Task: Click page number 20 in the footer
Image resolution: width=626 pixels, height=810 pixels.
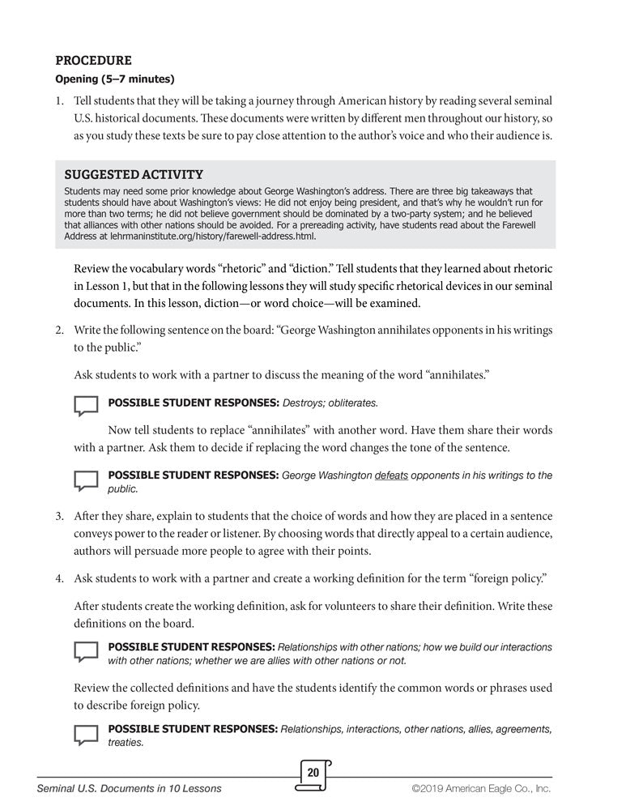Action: pos(313,773)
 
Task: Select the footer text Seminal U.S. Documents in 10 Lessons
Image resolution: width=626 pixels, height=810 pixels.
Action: pos(130,788)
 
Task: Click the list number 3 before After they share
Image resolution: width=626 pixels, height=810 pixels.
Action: pos(59,515)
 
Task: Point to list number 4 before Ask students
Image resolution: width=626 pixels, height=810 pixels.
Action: pos(59,578)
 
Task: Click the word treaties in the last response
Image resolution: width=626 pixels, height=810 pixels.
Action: pos(126,742)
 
